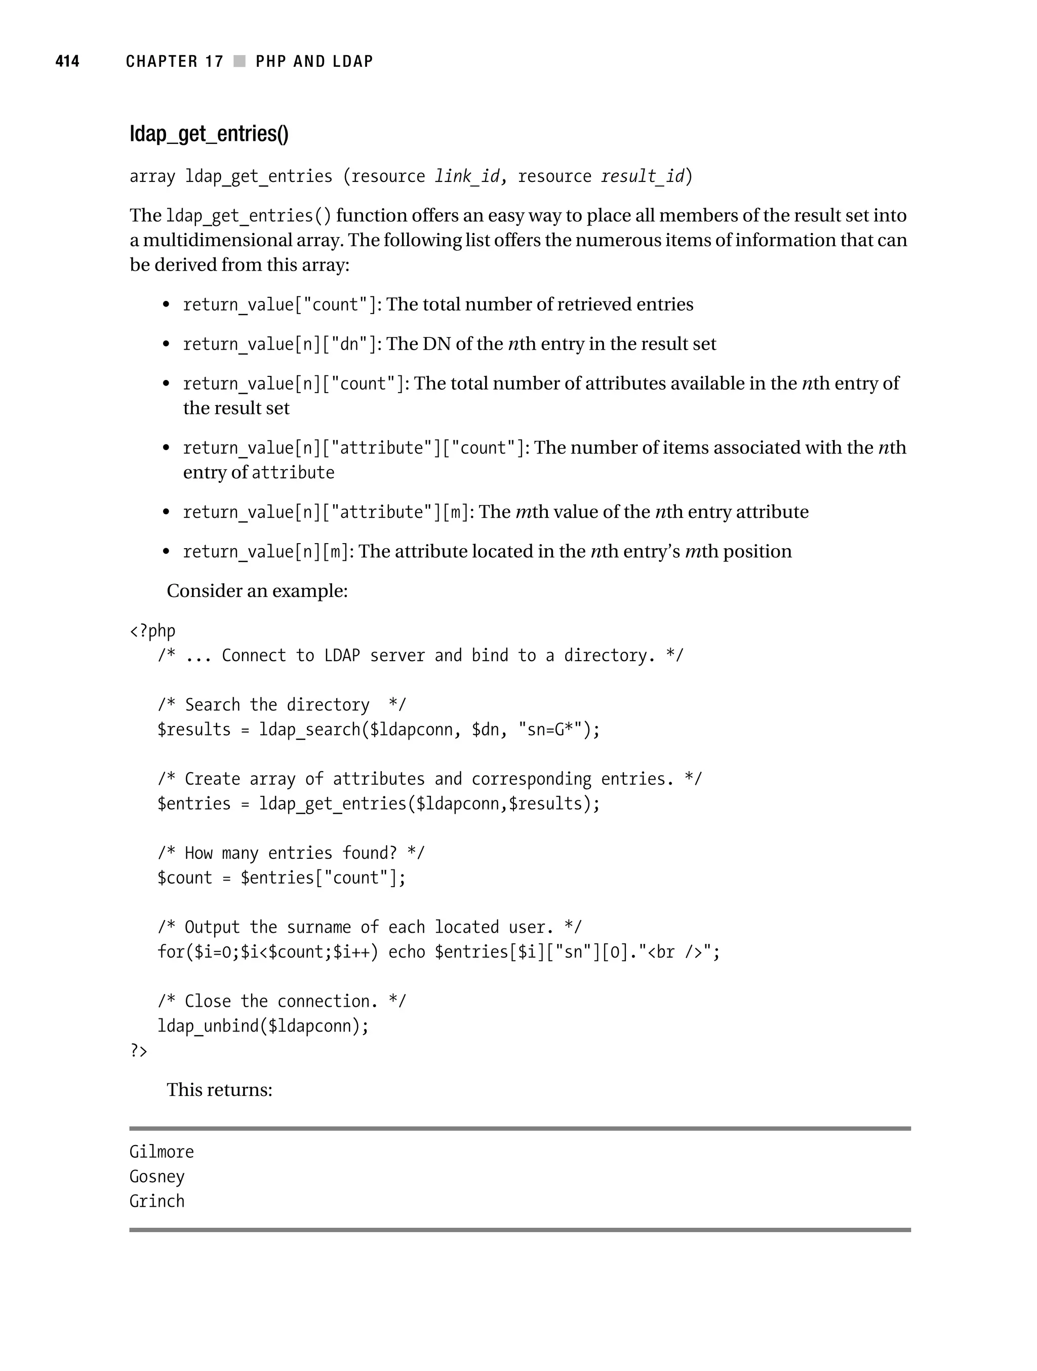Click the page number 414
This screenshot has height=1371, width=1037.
[x=67, y=61]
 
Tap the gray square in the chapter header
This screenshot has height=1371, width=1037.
[x=240, y=61]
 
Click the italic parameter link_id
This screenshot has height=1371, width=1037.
[x=466, y=177]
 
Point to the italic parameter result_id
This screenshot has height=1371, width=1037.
[x=643, y=177]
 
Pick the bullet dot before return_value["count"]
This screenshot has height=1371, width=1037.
[x=166, y=305]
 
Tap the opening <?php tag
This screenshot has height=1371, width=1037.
[x=152, y=631]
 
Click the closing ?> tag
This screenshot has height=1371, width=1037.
[x=138, y=1051]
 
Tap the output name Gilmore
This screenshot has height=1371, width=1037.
[x=162, y=1152]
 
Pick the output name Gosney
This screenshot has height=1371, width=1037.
[x=157, y=1177]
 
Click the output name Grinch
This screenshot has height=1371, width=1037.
[x=157, y=1202]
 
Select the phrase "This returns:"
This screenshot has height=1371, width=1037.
[x=219, y=1090]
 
